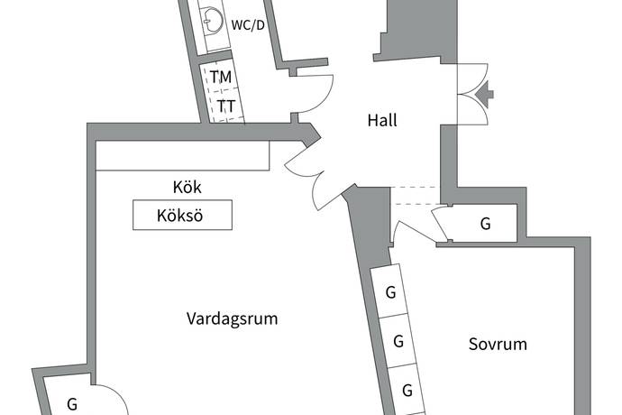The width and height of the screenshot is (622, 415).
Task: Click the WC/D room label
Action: point(248,25)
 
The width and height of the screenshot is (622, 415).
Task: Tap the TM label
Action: point(222,78)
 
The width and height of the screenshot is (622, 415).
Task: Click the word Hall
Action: point(382,120)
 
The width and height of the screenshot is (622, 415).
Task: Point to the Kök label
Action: point(187,189)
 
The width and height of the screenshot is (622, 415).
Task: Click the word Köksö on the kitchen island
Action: point(181,216)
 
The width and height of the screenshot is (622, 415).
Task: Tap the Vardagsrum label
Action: point(232,318)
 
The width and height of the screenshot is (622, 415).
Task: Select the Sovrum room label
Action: point(498,345)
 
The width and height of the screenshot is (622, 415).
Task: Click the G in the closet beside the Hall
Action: point(485,224)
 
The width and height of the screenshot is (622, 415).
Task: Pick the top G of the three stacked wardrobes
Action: point(390,292)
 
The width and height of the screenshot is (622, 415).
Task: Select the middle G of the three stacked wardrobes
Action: point(398,342)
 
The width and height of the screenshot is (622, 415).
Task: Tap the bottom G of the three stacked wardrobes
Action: point(407,391)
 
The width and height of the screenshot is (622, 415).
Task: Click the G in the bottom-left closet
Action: point(72,404)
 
